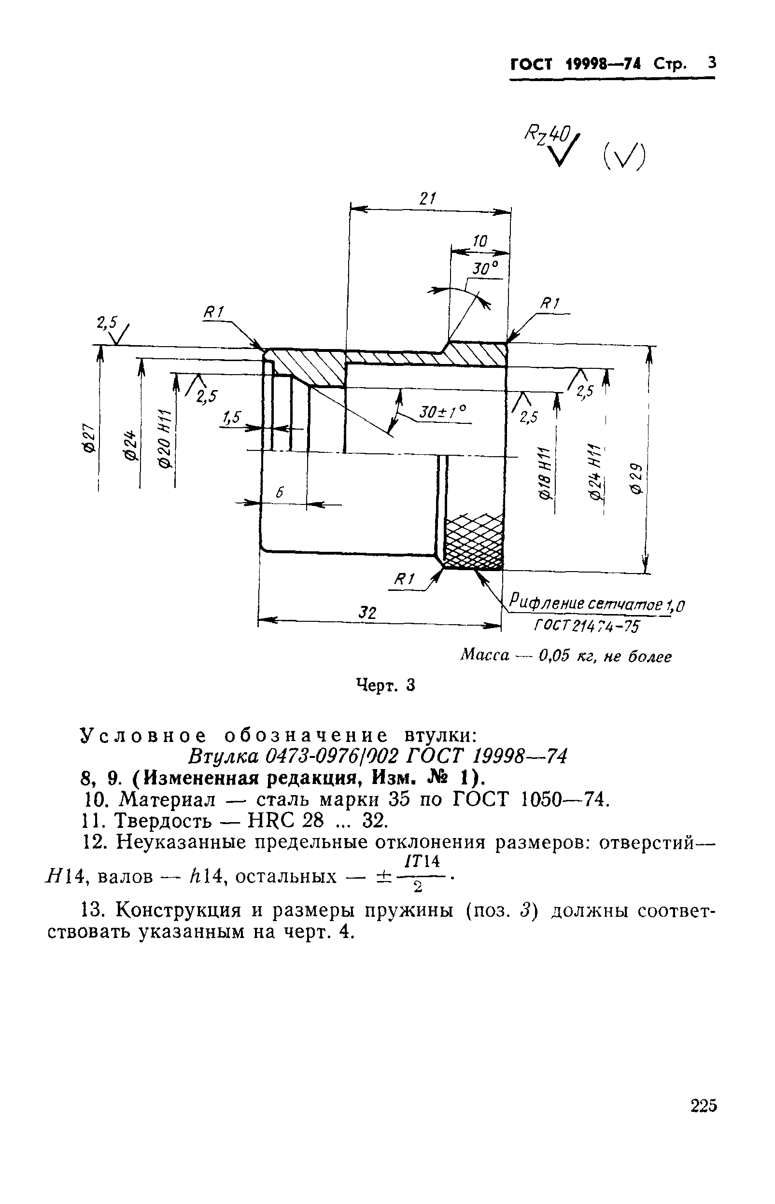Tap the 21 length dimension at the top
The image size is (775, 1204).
[x=428, y=199]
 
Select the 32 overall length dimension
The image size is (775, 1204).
[x=367, y=612]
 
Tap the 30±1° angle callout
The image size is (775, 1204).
[x=443, y=412]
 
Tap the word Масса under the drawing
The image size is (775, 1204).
[x=485, y=655]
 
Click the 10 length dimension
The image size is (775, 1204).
[x=480, y=241]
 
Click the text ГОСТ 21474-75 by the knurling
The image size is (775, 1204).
[x=586, y=627]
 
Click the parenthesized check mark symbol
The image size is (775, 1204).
[x=623, y=156]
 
